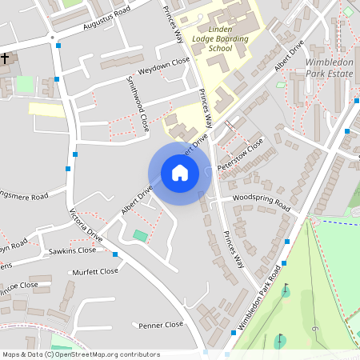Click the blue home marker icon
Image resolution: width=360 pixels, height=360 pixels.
[180, 172]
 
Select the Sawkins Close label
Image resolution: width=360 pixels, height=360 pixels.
[73, 250]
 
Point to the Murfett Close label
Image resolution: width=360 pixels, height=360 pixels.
[95, 271]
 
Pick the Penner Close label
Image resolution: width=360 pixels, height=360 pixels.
[161, 325]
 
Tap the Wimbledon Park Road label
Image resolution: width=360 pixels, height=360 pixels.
[258, 300]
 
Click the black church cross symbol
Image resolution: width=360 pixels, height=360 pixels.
[5, 58]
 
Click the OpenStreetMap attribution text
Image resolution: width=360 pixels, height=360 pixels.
[80, 354]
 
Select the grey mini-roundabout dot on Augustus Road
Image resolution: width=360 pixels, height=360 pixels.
[52, 38]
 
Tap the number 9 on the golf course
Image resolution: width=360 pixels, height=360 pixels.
[317, 330]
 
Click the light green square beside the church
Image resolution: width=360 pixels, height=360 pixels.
[26, 84]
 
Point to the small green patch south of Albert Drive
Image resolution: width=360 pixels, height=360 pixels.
[141, 235]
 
